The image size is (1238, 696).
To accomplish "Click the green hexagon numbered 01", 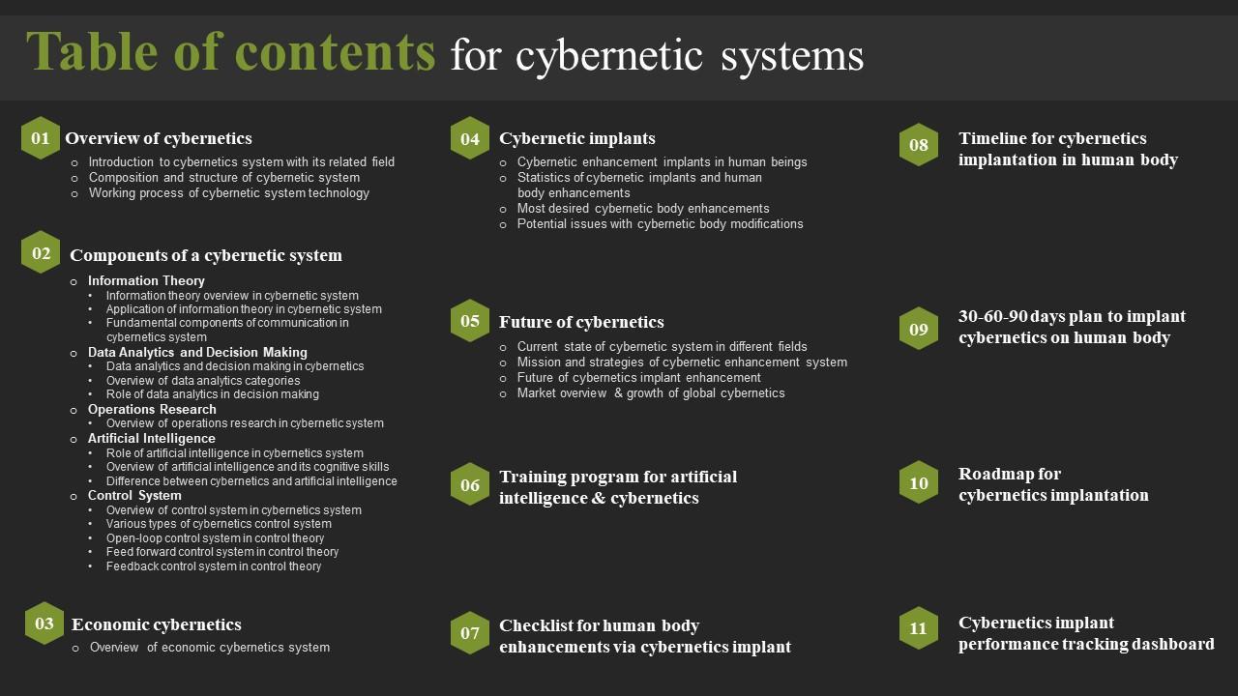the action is pos(41,138).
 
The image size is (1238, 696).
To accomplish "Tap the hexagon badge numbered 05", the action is pos(470,321).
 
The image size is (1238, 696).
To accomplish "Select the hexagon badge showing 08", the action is pos(918,145).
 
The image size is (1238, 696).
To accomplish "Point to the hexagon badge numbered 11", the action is pos(918,628).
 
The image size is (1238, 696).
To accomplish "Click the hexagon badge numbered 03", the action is pos(44,623).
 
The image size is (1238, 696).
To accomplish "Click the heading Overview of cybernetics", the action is pos(159,138).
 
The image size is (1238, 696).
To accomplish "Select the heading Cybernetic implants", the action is pos(577,138).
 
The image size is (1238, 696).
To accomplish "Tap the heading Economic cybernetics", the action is pos(157,624).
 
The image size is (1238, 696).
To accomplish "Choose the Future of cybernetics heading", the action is pos(581,322).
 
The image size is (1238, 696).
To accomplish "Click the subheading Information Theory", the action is pos(146,280).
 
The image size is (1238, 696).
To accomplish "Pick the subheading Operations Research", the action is pos(152,409).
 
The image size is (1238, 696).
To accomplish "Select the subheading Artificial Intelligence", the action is pos(152,438).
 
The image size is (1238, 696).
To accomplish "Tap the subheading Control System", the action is pos(134,495).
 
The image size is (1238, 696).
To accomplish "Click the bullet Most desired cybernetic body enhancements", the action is pos(643,208).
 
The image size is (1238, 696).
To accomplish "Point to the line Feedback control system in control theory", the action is pos(214,566).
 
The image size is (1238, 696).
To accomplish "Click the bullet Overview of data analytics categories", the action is pos(203,380).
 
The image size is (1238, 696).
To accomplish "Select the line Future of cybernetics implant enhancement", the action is pos(638,377).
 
